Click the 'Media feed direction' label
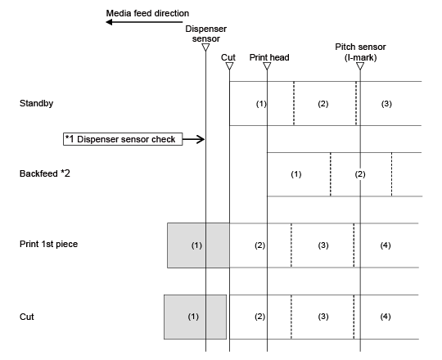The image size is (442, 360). [x=147, y=13]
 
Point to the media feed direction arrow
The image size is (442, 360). [x=144, y=22]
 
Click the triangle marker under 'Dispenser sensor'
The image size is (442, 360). [x=205, y=47]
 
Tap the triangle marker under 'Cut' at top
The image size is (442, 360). [x=229, y=66]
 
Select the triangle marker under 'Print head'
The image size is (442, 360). [x=267, y=66]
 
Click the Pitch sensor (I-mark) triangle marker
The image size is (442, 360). [x=360, y=66]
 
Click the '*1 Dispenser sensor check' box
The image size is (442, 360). [x=123, y=139]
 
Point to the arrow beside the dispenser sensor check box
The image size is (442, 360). [x=194, y=139]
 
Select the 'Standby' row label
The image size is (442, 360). [x=36, y=103]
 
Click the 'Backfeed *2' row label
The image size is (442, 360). [x=45, y=173]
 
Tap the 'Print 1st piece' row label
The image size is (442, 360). [x=49, y=244]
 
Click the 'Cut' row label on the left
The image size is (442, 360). [x=27, y=317]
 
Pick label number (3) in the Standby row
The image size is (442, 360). [x=386, y=104]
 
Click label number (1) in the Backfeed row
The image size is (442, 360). [x=296, y=174]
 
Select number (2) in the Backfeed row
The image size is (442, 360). [x=360, y=174]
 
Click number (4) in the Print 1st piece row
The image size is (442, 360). [x=386, y=245]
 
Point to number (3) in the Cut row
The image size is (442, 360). [x=323, y=317]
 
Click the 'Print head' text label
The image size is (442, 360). [x=269, y=57]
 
